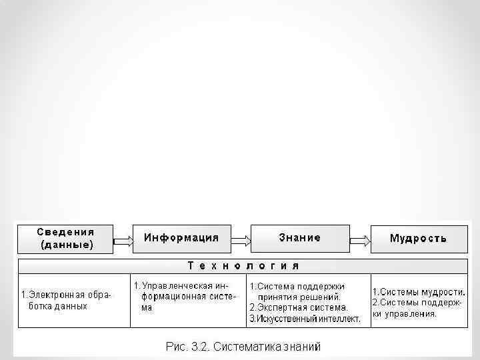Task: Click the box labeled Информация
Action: [181, 238]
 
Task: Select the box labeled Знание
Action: [299, 238]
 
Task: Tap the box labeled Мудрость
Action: [418, 238]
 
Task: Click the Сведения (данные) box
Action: [65, 238]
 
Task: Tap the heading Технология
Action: [243, 266]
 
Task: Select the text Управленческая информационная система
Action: [185, 297]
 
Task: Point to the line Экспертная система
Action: [298, 308]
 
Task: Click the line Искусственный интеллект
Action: [305, 319]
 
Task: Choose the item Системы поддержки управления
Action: [417, 308]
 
